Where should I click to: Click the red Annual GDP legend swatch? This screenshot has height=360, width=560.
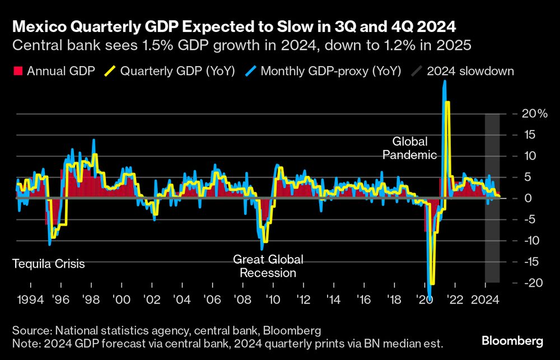(17, 71)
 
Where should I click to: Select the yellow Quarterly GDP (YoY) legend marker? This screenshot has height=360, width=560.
(112, 71)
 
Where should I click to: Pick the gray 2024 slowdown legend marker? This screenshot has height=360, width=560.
(417, 71)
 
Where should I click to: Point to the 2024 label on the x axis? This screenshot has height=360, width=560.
(486, 300)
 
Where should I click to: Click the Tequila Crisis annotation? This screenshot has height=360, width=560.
(48, 263)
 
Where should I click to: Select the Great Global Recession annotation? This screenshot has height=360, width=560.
(268, 267)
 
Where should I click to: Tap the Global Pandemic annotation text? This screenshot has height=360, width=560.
(409, 148)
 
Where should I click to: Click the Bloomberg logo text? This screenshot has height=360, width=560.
(513, 340)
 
